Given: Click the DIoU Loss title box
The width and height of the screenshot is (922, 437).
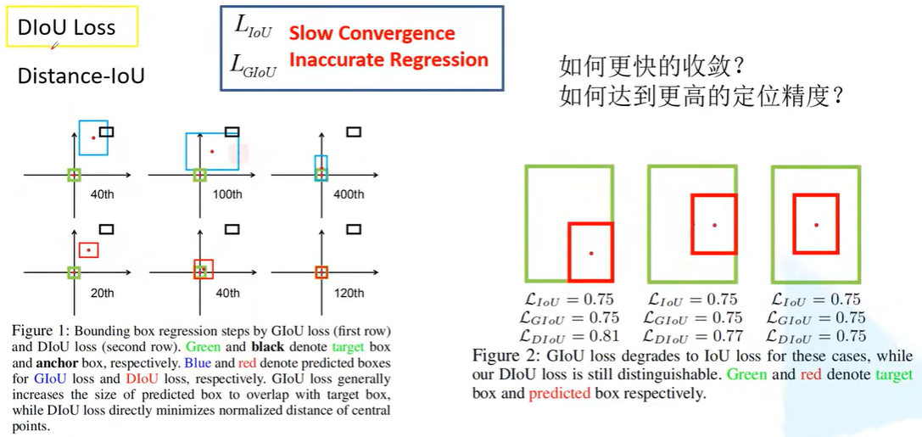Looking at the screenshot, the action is pyautogui.click(x=72, y=26).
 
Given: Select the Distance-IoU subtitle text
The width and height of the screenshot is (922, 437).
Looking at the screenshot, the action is pyautogui.click(x=81, y=76).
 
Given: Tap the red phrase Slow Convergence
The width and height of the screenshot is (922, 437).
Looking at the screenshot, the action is pyautogui.click(x=372, y=33).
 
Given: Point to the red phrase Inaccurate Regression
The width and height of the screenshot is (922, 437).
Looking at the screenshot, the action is pyautogui.click(x=388, y=59).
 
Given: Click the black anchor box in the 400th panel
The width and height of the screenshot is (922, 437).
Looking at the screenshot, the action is pyautogui.click(x=354, y=132).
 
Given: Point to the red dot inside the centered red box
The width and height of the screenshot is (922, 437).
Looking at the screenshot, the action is pyautogui.click(x=816, y=225).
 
